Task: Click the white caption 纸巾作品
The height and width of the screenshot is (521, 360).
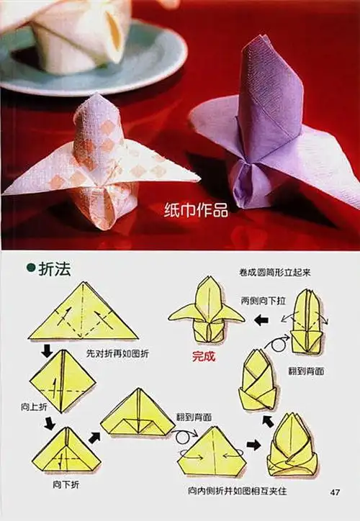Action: [197, 210]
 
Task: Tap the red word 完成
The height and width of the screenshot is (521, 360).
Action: [204, 355]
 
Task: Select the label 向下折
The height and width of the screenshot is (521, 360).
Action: [66, 484]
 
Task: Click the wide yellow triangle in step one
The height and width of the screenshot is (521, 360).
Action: [83, 313]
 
